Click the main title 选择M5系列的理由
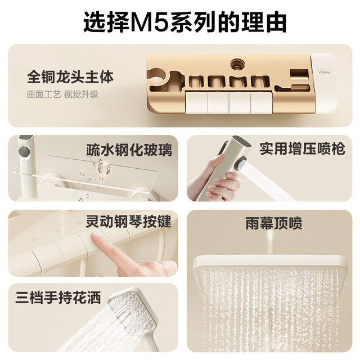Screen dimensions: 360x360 pos(184,22)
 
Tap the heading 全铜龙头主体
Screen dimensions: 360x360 pos(70,77)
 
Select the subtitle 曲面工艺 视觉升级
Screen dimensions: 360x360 pos(62,94)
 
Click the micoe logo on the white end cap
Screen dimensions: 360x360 pos(324,73)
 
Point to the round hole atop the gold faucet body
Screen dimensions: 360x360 pos(238,65)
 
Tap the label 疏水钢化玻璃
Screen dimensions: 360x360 pos(129,150)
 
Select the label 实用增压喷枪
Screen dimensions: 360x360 pos(302,148)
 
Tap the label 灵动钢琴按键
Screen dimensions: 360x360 pos(129,222)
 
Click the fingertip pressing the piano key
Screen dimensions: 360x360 pos(94,236)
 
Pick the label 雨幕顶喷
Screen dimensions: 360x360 pos(274,223)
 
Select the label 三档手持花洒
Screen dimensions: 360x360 pos(58,298)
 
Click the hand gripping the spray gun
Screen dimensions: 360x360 pos(216,181)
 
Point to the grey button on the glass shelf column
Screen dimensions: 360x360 pos(24,151)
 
